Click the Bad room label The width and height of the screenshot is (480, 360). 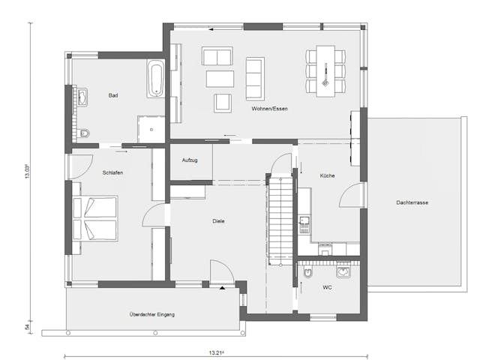(113, 95)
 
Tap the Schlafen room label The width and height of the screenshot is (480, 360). (112, 172)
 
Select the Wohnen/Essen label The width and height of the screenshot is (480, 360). (270, 109)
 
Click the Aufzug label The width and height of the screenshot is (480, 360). (190, 160)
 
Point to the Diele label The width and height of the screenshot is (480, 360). (219, 220)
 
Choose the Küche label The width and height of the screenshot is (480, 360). (326, 176)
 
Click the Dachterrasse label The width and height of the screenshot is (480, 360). (412, 202)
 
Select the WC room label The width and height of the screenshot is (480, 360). (327, 287)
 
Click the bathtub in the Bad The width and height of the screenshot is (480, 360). (156, 79)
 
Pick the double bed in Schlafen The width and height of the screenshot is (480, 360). (96, 218)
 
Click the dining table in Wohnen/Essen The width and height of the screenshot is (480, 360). (325, 70)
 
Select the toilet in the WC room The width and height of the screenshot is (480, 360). (307, 274)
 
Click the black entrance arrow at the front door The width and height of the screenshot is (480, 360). (221, 286)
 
